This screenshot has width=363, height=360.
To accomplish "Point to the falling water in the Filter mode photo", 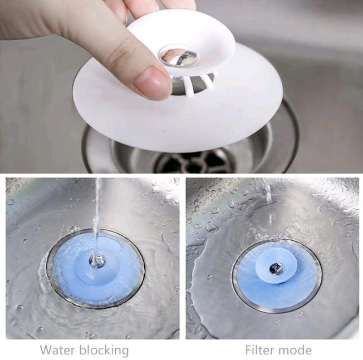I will pyautogui.click(x=268, y=195).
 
